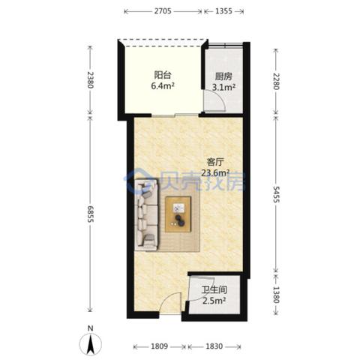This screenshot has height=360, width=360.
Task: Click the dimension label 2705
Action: pyautogui.click(x=163, y=11)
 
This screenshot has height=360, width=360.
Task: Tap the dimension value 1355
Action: pyautogui.click(x=223, y=11)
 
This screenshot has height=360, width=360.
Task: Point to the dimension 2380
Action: pyautogui.click(x=90, y=80)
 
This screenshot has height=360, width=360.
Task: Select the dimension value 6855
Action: pyautogui.click(x=90, y=214)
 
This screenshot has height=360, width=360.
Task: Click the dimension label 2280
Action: pyautogui.click(x=276, y=81)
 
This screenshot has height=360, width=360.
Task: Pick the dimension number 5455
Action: pyautogui.click(x=276, y=194)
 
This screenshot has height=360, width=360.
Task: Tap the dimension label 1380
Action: pyautogui.click(x=276, y=295)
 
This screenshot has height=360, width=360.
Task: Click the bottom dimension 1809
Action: pyautogui.click(x=160, y=346)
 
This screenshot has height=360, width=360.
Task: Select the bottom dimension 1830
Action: pyautogui.click(x=214, y=346)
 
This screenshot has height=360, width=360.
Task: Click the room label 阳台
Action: pyautogui.click(x=163, y=75)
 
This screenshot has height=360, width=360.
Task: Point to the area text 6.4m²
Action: pyautogui.click(x=163, y=86)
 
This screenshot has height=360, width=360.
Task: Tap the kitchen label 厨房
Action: pyautogui.click(x=223, y=76)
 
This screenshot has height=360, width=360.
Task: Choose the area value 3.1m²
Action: pyautogui.click(x=223, y=87)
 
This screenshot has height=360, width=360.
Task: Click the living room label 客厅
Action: pyautogui.click(x=215, y=162)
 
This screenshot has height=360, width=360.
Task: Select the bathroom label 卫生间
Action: pyautogui.click(x=214, y=289)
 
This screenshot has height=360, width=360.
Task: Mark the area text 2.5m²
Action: pyautogui.click(x=214, y=301)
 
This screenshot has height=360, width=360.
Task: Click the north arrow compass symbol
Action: pyautogui.click(x=90, y=343)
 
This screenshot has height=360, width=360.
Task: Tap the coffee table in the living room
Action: pyautogui.click(x=178, y=214)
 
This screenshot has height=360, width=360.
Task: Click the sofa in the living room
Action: pyautogui.click(x=146, y=214)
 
